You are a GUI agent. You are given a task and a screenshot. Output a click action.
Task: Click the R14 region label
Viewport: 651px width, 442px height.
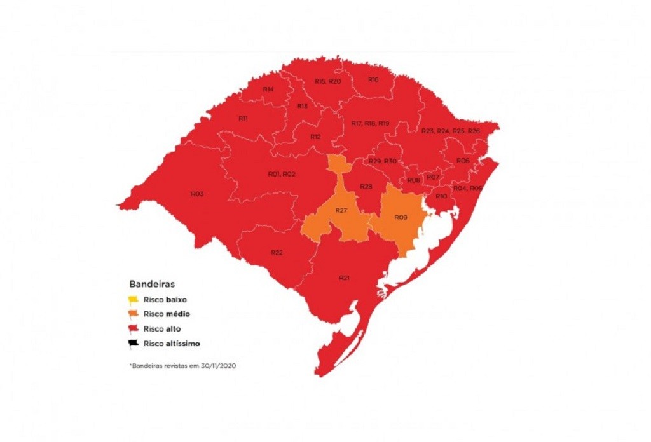[268, 90]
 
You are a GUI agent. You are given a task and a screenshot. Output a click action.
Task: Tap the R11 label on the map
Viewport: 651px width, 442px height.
[243, 119]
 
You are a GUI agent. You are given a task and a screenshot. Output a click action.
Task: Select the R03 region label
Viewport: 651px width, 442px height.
[197, 193]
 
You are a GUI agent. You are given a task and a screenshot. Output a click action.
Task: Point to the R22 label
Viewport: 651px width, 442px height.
[277, 253]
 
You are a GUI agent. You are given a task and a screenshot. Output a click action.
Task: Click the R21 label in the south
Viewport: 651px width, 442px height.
[344, 278]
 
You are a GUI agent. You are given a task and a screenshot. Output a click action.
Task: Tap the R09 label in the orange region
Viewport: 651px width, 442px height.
[401, 218]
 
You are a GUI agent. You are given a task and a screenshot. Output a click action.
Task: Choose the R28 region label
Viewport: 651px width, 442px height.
[366, 187]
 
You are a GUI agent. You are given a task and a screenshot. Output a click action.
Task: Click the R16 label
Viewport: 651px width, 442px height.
[373, 80]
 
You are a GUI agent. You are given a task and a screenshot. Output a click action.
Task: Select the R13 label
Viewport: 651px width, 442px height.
[302, 106]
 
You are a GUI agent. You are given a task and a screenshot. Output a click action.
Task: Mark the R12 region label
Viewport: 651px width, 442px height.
[315, 137]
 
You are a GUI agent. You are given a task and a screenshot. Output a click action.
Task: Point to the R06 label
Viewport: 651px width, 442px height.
[463, 161]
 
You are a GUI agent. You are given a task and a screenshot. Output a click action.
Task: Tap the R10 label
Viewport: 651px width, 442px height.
[441, 197]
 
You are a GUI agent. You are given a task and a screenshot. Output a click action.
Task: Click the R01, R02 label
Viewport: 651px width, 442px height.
[282, 174]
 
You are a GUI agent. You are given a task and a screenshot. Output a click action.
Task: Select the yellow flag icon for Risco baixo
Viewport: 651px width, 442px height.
[133, 298]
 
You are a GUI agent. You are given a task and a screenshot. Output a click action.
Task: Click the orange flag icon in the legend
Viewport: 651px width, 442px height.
[133, 314]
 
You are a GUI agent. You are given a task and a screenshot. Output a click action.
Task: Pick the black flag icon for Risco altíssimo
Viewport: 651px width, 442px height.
[133, 344]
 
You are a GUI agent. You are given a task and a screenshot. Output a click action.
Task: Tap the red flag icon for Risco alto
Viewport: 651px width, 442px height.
[133, 329]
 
